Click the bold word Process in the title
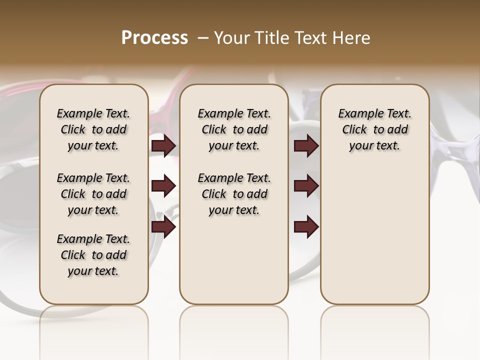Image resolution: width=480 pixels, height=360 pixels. (154, 38)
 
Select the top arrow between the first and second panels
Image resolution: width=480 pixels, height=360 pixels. (163, 146)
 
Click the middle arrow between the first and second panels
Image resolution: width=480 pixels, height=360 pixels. (163, 186)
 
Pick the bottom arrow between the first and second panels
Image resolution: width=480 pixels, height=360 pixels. (163, 227)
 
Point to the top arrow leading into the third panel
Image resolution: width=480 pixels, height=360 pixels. (306, 146)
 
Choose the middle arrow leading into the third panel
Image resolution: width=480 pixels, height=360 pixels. (306, 186)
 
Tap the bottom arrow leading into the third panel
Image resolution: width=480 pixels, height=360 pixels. (306, 227)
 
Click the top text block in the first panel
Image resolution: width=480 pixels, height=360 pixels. (93, 129)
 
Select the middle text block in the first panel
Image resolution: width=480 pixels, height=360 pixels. (93, 194)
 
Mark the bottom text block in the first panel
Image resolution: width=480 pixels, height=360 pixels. (93, 255)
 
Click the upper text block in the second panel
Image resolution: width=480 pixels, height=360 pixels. (234, 129)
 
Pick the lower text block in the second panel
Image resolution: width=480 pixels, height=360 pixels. (234, 194)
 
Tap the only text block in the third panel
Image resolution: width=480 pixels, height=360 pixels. (374, 129)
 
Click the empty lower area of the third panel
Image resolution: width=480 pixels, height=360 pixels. (374, 240)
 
